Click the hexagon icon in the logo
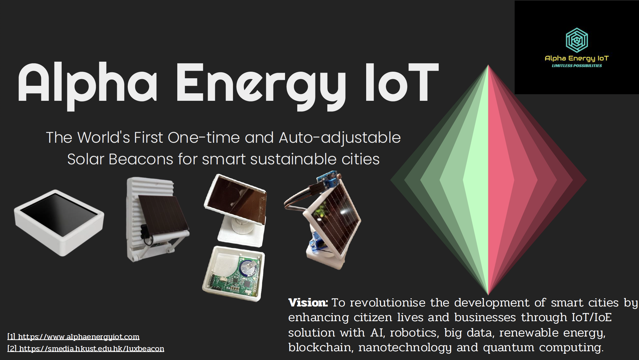tap(577, 40)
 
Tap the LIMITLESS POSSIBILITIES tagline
tap(577, 66)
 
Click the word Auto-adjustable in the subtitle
tap(340, 138)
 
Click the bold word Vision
tap(308, 303)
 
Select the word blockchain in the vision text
tap(319, 347)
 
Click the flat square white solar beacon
tap(59, 222)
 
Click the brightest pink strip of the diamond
tap(501, 180)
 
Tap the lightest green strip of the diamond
tap(476, 180)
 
